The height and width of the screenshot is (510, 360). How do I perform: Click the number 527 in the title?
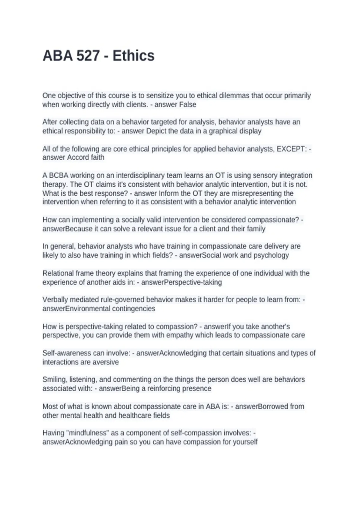pos(88,56)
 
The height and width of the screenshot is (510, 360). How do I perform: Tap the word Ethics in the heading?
pos(133,56)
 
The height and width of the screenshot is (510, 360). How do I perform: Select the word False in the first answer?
pos(188,105)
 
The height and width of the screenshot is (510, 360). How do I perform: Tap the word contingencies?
pos(133,309)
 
